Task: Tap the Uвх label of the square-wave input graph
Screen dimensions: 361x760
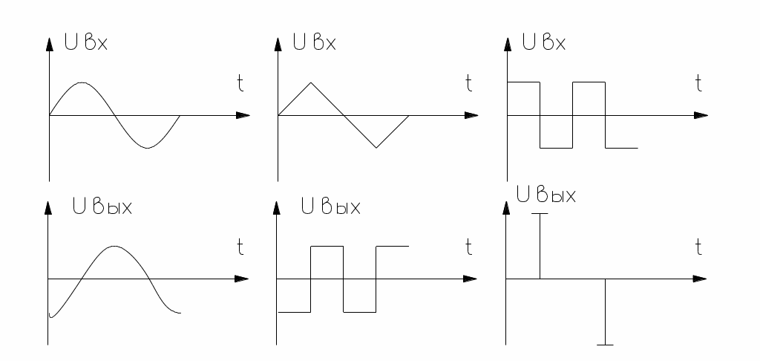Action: click(546, 42)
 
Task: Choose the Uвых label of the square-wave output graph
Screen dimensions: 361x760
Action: click(330, 206)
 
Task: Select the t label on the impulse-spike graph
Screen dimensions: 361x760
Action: click(698, 247)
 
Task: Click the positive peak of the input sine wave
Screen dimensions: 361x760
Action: click(82, 82)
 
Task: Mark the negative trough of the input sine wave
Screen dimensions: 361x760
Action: click(147, 148)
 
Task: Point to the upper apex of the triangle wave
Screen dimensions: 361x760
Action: click(311, 82)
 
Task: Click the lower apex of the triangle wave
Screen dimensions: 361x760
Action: click(376, 148)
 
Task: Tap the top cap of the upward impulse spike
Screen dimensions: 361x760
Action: click(540, 214)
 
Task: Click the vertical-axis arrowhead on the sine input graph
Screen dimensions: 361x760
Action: click(49, 42)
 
